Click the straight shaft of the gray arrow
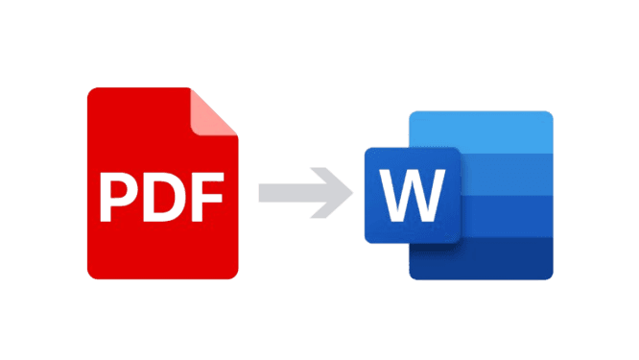click(288, 192)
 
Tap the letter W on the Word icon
click(414, 195)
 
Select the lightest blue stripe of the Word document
click(509, 130)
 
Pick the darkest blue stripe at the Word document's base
click(509, 259)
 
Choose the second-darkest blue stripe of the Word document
click(509, 216)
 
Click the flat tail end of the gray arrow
click(261, 192)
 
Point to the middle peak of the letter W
click(414, 182)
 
